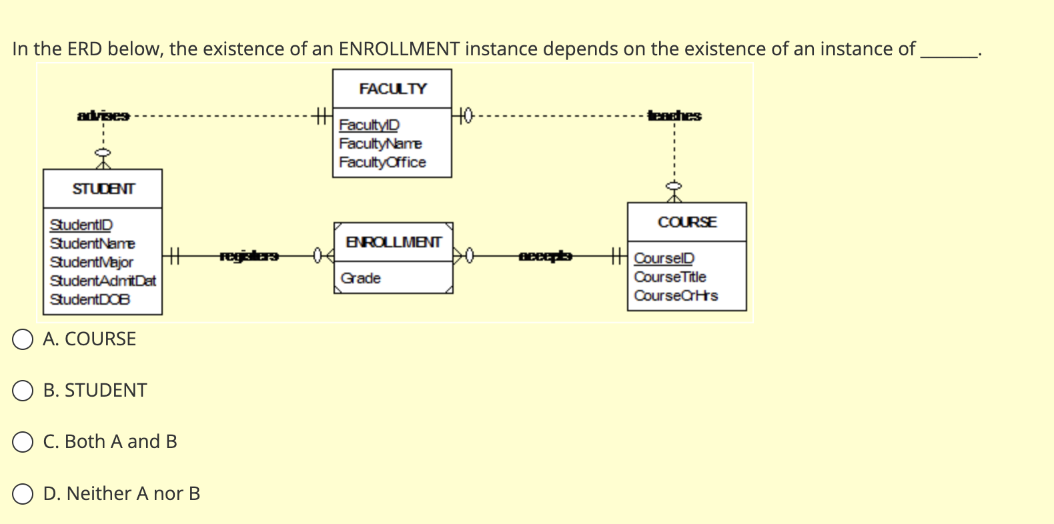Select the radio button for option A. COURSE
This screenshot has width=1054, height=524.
point(23,339)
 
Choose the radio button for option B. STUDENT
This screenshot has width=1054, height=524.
point(23,391)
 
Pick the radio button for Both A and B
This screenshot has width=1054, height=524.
point(23,442)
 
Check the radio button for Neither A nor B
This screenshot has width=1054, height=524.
point(23,494)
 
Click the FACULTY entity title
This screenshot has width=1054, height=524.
point(392,89)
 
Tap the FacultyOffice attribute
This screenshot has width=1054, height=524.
point(382,162)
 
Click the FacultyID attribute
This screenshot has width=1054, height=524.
point(369,125)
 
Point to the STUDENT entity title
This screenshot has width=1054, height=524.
point(103,189)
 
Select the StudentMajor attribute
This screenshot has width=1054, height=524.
point(91,262)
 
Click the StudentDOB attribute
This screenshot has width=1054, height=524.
point(90,299)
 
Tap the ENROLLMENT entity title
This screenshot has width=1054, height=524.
point(394,242)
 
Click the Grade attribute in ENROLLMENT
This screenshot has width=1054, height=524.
point(360,278)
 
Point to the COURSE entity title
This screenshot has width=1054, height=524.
point(687,222)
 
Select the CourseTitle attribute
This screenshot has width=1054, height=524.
point(670,277)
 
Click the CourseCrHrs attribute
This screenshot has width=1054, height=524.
point(676,295)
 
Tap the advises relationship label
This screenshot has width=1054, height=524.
point(103,116)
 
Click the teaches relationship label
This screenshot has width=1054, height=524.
point(674,115)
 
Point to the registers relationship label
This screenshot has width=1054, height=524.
point(249,255)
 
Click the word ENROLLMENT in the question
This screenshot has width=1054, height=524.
point(399,49)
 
